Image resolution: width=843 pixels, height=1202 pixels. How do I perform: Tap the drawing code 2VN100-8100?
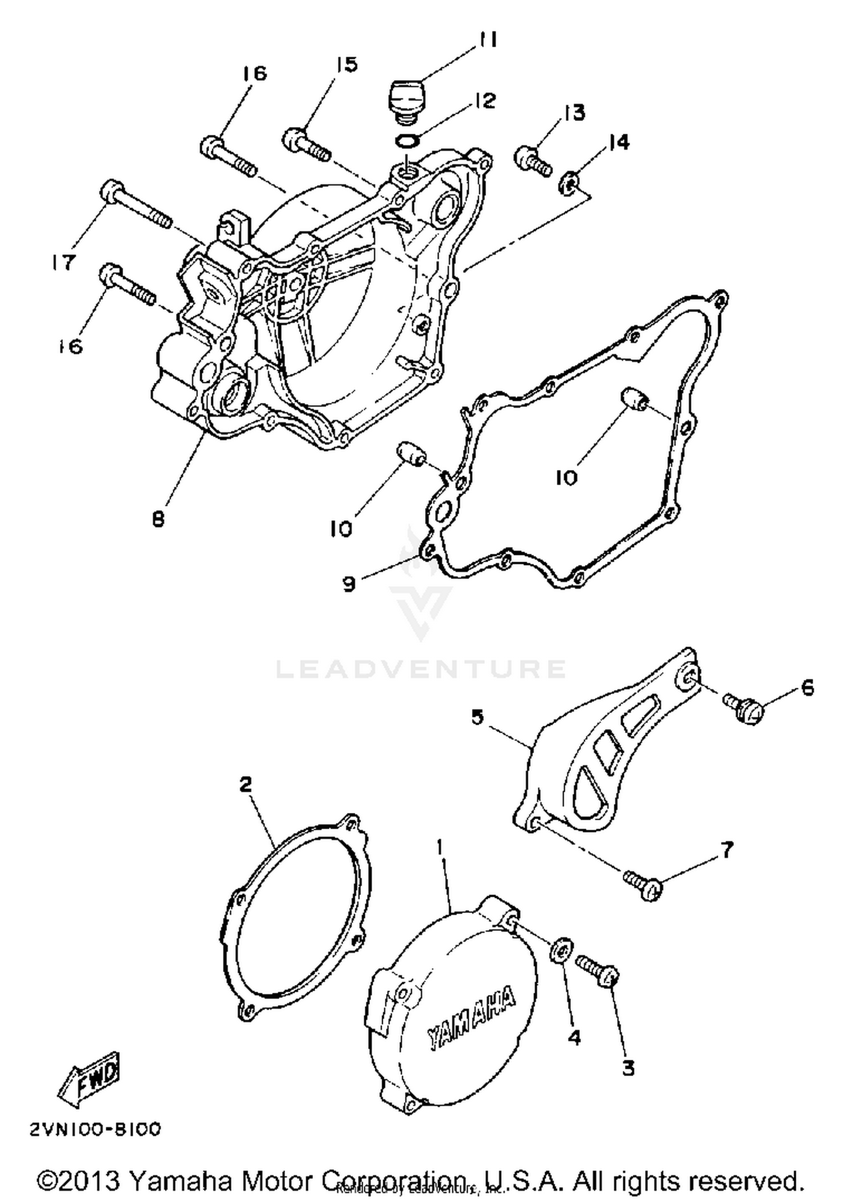coord(96,1129)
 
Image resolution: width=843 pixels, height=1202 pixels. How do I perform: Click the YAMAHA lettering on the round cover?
coord(471,1018)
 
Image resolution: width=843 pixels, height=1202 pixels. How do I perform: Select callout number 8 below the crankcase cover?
coord(158,519)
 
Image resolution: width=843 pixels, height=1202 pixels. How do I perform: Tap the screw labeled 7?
coord(642,884)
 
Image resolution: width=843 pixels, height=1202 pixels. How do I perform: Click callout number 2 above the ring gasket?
coord(246,784)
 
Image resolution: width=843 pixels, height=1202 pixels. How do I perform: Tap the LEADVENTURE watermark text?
coord(422,669)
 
